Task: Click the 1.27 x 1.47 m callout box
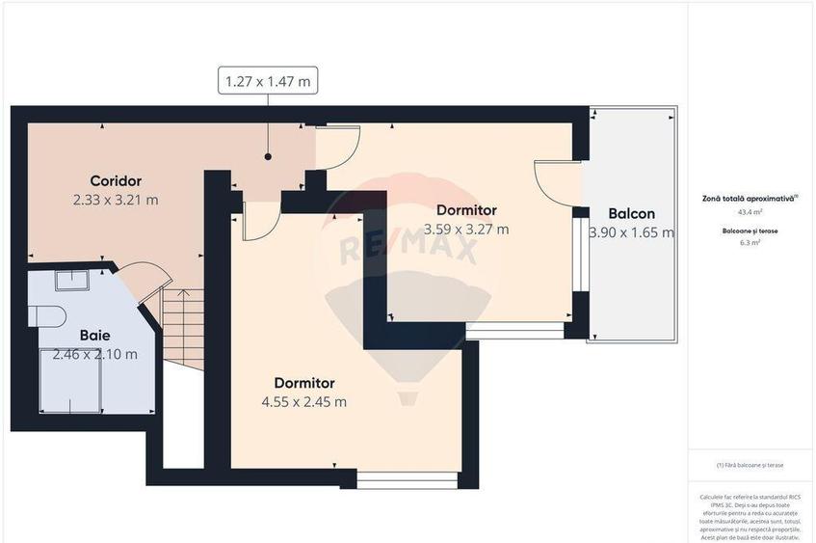268,81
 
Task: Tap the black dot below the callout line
268,155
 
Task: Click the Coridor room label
116,180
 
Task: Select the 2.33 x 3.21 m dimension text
116,200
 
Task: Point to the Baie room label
94,335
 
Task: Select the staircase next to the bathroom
183,329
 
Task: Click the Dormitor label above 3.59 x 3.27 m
466,209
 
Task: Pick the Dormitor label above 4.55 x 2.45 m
303,382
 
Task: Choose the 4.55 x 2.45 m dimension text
303,401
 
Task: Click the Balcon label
631,213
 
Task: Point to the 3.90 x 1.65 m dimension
631,232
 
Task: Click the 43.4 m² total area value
750,211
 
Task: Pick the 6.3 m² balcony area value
750,243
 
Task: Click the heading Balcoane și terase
750,231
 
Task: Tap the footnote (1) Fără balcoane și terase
750,465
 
